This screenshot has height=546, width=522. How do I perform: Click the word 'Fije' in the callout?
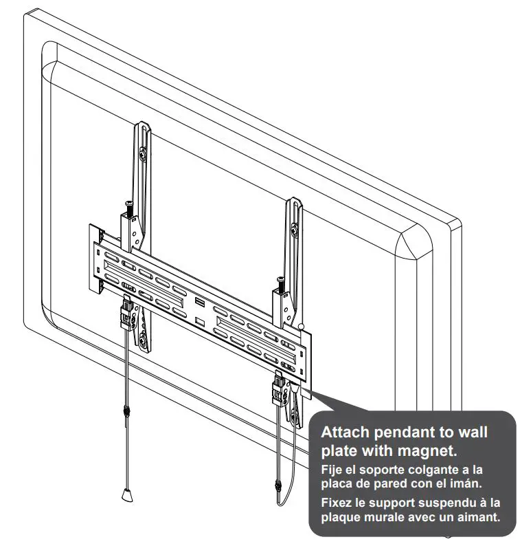tap(332, 470)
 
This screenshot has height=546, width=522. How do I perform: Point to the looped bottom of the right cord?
tap(280, 502)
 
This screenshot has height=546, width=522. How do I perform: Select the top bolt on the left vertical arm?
tap(141, 155)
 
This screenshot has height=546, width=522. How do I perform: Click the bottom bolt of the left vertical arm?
tap(144, 338)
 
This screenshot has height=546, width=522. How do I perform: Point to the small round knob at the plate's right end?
tap(300, 328)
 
